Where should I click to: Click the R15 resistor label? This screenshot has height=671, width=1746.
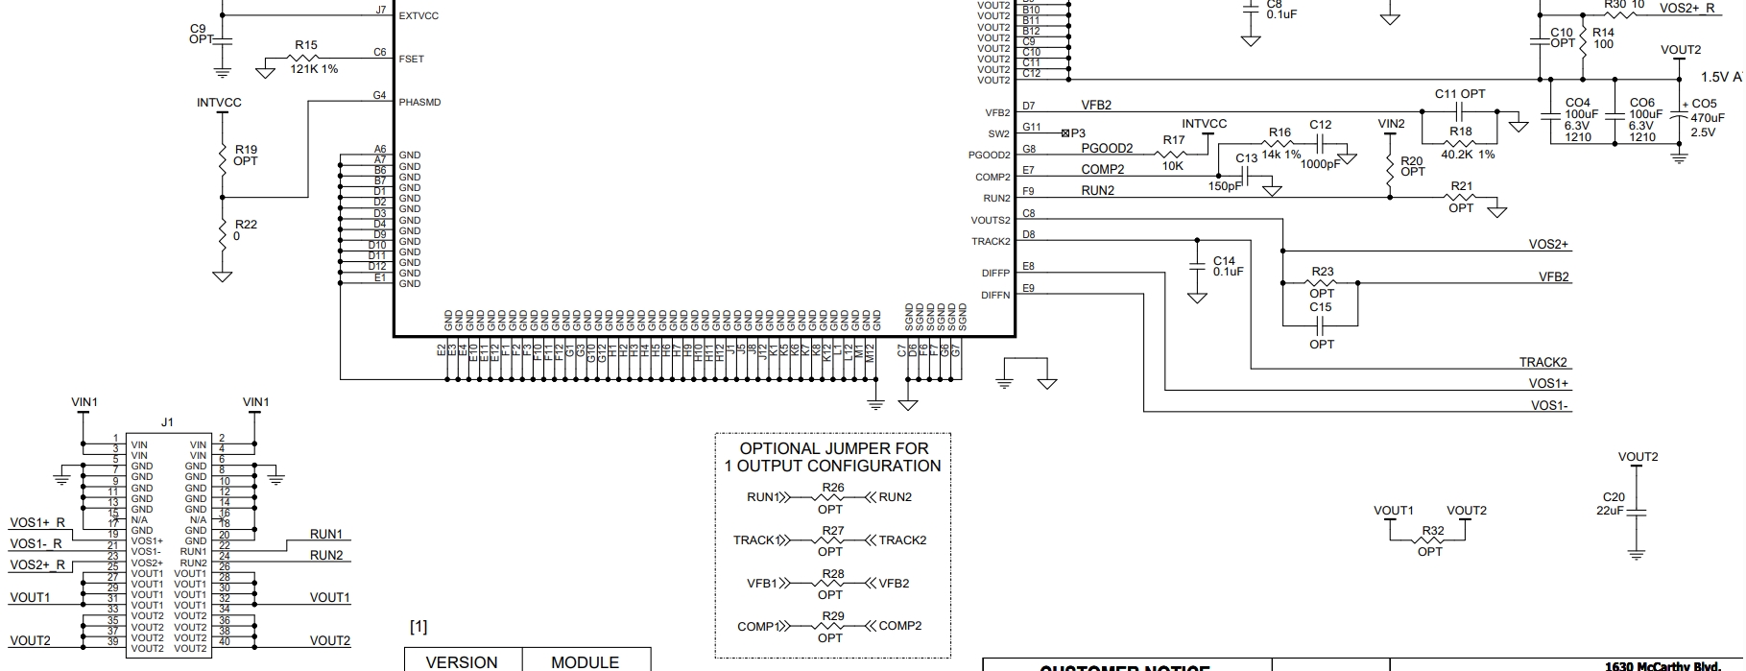coord(305,45)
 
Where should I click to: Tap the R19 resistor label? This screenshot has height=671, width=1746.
coord(246,150)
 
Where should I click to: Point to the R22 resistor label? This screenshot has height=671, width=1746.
coord(246,225)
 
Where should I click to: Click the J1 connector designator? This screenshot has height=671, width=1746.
coord(168,422)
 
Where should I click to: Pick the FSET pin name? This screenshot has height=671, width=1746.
coord(411,59)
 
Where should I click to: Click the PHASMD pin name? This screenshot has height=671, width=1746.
coord(419,102)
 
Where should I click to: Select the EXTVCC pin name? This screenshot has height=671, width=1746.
coord(419,16)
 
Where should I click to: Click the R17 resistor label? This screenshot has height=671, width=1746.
coord(1174,140)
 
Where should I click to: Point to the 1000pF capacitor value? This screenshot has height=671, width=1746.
coord(1321,164)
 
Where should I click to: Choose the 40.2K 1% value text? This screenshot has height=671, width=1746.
coord(1468,155)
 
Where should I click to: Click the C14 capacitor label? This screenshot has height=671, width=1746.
coord(1224,260)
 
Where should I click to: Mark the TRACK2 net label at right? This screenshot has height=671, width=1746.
coord(1543,362)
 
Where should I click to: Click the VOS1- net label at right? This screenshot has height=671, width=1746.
coord(1549,405)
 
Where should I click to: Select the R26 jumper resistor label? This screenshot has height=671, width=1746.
coord(833,488)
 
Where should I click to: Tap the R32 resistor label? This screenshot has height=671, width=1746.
coord(1432,531)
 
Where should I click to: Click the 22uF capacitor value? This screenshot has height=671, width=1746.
coord(1610,510)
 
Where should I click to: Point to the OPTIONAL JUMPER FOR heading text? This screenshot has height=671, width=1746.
coord(833,448)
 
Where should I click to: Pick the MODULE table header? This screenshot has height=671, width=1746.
coord(585,662)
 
